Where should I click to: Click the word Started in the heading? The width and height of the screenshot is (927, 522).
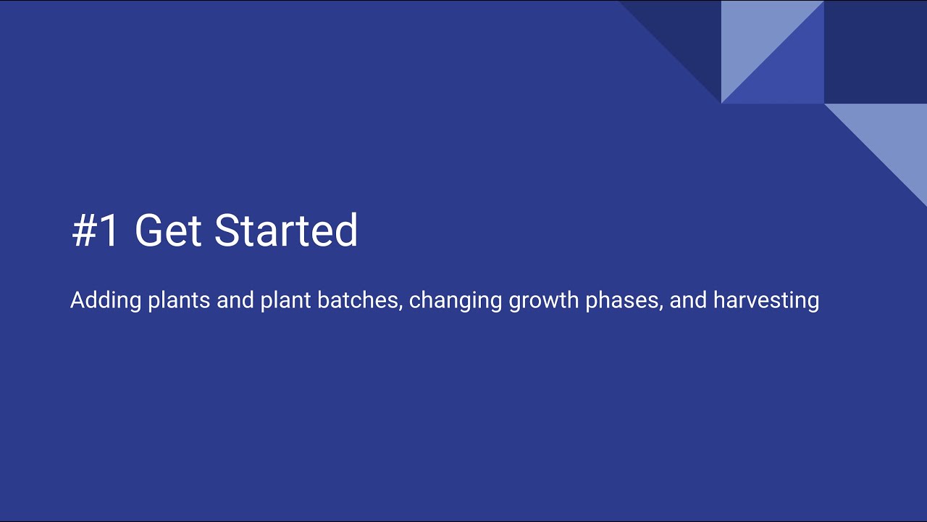point(286,231)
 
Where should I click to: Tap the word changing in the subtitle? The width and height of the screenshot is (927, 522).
point(456,300)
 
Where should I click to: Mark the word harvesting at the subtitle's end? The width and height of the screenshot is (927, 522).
point(766,300)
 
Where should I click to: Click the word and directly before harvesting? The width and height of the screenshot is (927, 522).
point(689,300)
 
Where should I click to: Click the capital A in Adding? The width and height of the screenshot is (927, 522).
point(77,300)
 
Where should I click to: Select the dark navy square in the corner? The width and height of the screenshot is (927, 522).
point(875,51)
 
